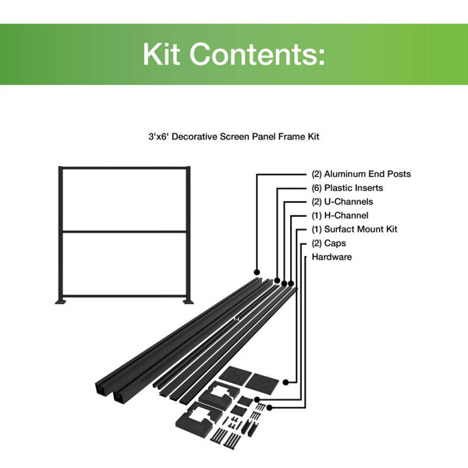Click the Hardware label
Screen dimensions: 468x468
click(332, 257)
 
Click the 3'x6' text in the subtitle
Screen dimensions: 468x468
click(160, 136)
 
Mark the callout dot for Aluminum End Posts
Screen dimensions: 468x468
click(257, 271)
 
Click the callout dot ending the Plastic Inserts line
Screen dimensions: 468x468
click(278, 279)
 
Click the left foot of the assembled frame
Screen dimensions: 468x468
click(61, 301)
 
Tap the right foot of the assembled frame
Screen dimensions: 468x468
click(187, 301)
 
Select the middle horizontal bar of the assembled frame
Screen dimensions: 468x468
click(124, 232)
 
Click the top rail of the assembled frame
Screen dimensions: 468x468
click(124, 168)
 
